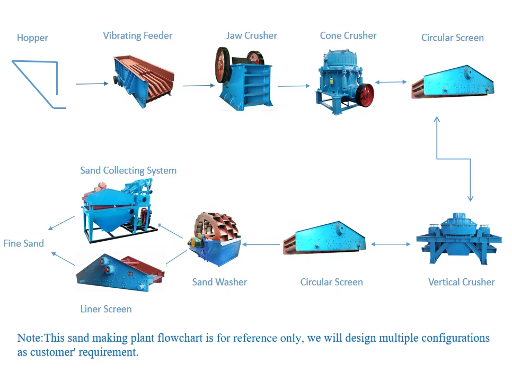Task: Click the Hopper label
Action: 32,38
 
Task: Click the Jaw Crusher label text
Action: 251,36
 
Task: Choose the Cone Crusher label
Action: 348,35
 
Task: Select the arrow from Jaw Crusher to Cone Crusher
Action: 293,86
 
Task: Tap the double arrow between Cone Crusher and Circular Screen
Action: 391,82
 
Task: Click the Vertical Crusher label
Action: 461,282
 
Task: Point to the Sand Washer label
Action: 219,282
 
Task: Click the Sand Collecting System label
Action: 128,170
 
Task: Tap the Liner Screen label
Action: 106,309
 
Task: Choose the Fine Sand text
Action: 24,243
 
